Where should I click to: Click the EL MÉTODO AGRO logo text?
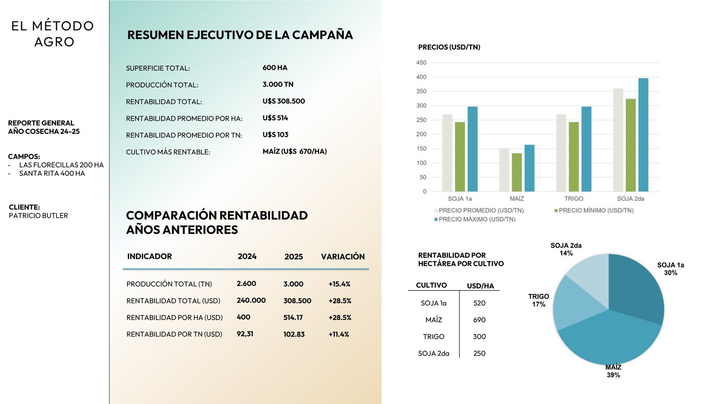point(53,34)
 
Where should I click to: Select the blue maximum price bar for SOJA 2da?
point(643,135)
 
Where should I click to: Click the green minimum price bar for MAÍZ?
point(517,172)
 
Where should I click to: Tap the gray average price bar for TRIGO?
point(561,153)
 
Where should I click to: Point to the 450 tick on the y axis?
point(421,63)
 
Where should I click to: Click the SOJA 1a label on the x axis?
point(460,198)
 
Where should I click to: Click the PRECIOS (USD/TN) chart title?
point(449,47)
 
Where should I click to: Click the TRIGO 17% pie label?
point(538,300)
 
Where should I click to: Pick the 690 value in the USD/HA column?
point(479,320)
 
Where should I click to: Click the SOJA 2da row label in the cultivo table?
point(433,353)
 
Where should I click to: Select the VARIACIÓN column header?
point(342,256)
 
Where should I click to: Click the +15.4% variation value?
point(339,284)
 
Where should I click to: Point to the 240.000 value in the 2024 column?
point(251,300)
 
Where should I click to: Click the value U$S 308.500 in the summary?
point(284,101)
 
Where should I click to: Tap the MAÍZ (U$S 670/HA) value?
point(294,152)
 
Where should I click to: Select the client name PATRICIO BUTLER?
point(38,215)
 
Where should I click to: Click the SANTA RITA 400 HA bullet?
point(52,173)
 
